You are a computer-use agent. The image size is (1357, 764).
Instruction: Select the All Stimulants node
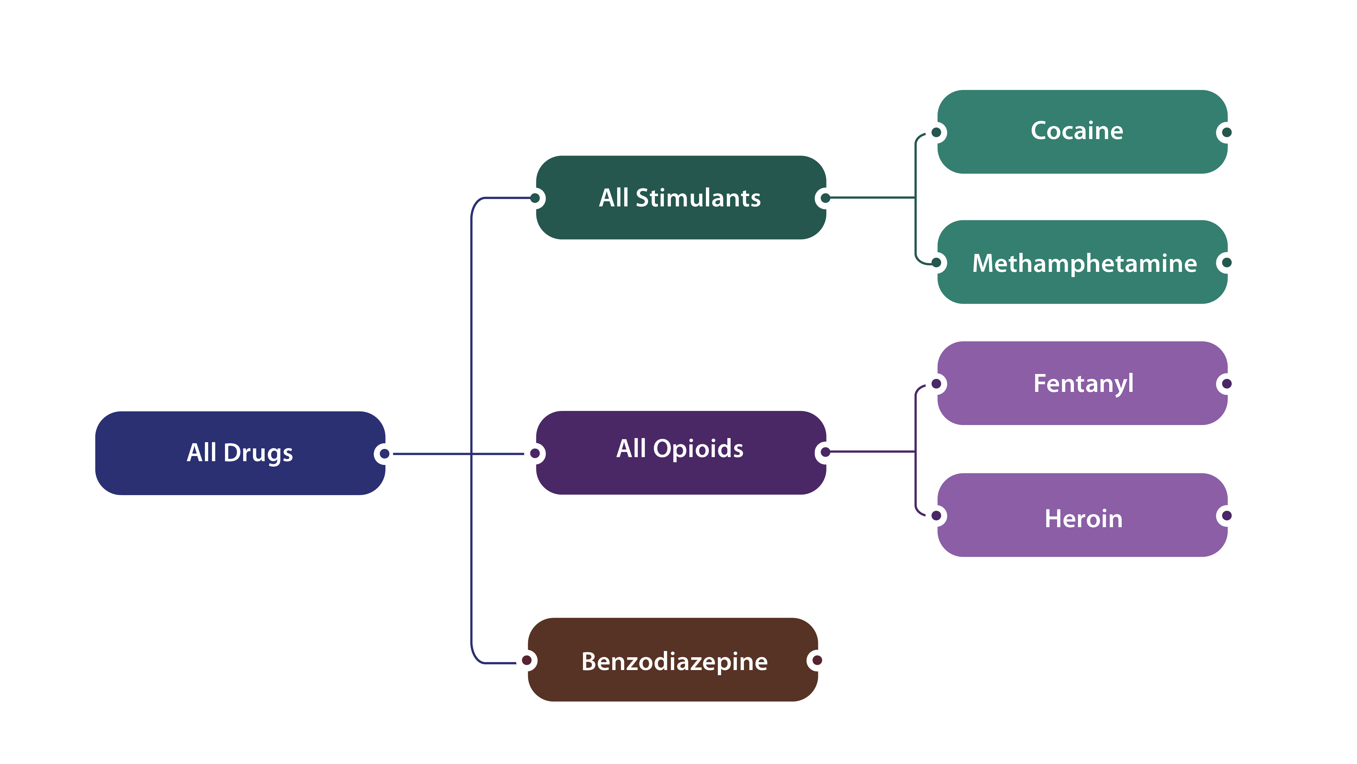click(x=680, y=198)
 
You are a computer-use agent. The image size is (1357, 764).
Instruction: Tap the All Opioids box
click(x=680, y=452)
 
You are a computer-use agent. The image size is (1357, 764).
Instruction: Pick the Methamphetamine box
click(x=1082, y=262)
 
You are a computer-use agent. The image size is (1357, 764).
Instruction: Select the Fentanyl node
click(x=1082, y=383)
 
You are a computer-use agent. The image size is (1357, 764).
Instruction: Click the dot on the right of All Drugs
click(x=384, y=454)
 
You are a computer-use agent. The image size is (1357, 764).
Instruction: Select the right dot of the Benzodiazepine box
click(x=817, y=660)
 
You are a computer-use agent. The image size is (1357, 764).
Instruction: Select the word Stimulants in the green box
click(x=698, y=198)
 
